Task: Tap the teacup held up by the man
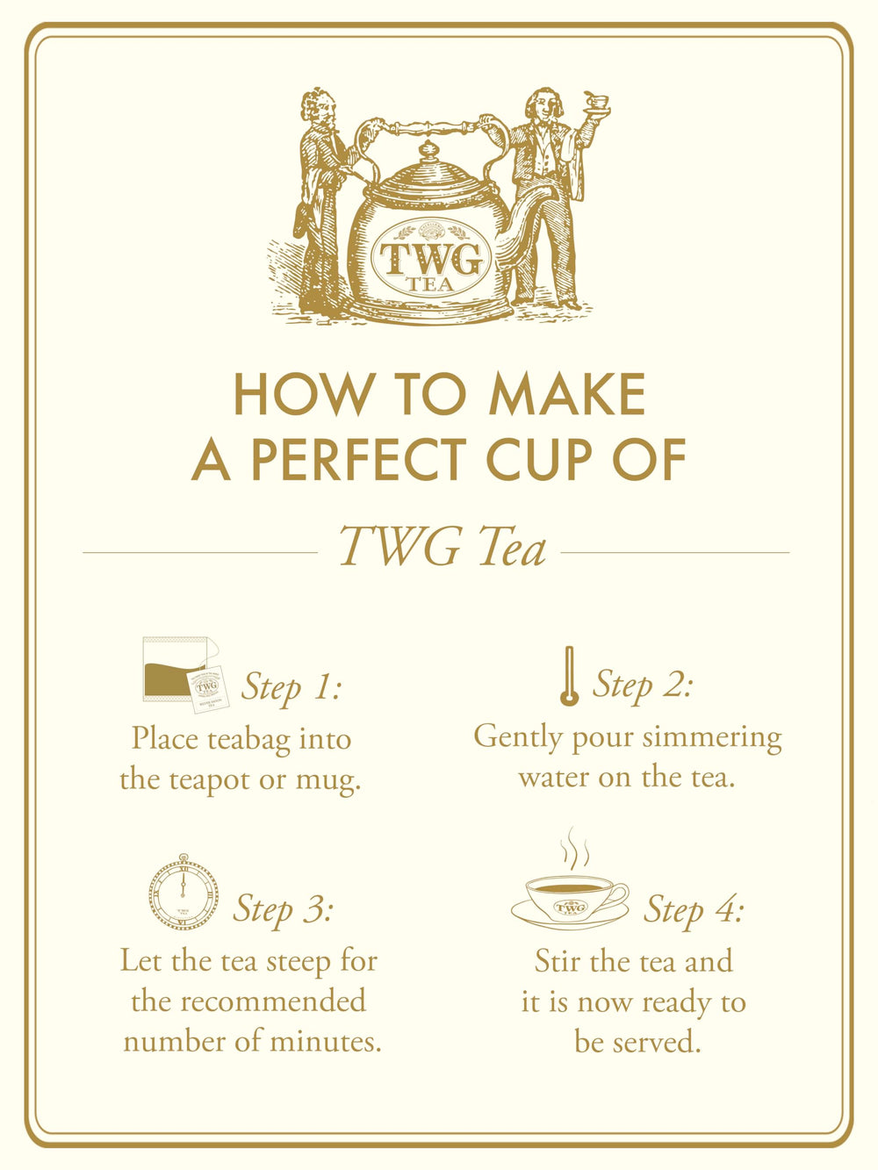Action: pos(597,103)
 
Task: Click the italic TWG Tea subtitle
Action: pos(443,546)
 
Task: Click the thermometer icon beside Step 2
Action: pos(569,676)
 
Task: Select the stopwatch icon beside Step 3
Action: pos(184,894)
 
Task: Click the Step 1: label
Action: pos(291,686)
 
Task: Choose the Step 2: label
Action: pos(643,684)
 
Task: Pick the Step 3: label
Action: pos(283,908)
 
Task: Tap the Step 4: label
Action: pos(694,908)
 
